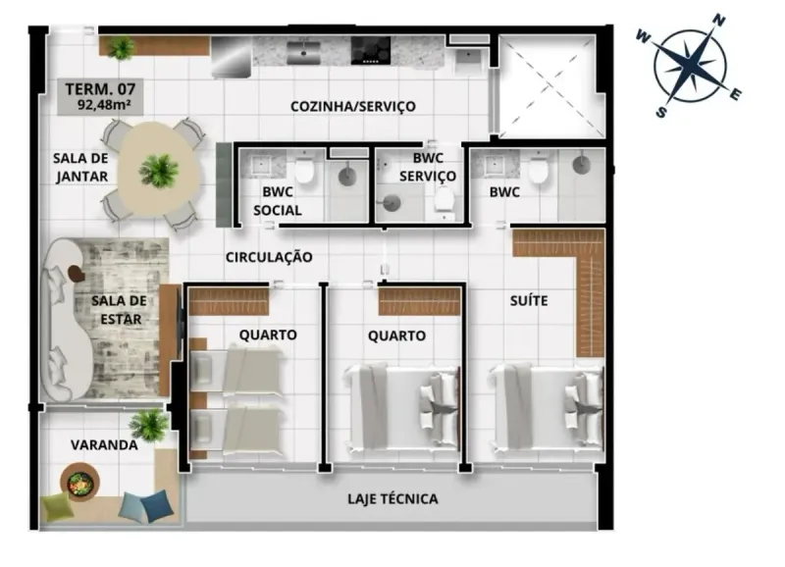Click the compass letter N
(x=719, y=21)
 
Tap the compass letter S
(x=660, y=112)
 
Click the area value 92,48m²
(x=104, y=105)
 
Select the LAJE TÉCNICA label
(x=392, y=499)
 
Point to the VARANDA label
(x=104, y=445)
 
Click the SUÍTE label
(x=529, y=300)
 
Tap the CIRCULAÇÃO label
(x=269, y=257)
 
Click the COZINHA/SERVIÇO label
(x=353, y=107)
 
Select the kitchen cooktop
(x=371, y=50)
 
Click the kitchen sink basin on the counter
(x=303, y=53)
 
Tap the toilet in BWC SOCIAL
(x=304, y=169)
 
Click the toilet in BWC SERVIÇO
(x=445, y=200)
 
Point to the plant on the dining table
(x=159, y=171)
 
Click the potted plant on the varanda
(x=149, y=425)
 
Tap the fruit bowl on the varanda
(x=79, y=483)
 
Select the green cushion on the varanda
(x=58, y=506)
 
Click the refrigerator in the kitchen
(x=232, y=57)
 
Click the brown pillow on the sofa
(x=77, y=273)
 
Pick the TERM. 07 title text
(x=100, y=89)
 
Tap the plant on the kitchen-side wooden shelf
(x=121, y=48)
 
